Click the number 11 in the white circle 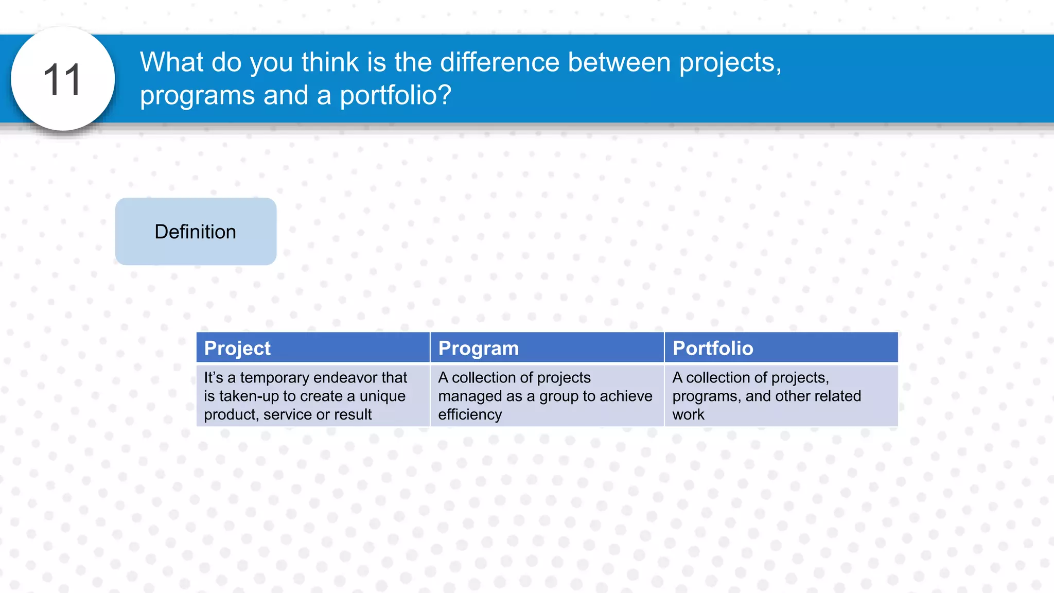coord(62,80)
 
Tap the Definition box coord(196,232)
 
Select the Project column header coord(237,348)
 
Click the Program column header coord(478,348)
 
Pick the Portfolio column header coord(713,348)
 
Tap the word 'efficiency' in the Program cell coord(469,415)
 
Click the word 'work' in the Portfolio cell coord(688,415)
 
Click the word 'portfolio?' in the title coord(395,95)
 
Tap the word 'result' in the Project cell coord(353,415)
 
